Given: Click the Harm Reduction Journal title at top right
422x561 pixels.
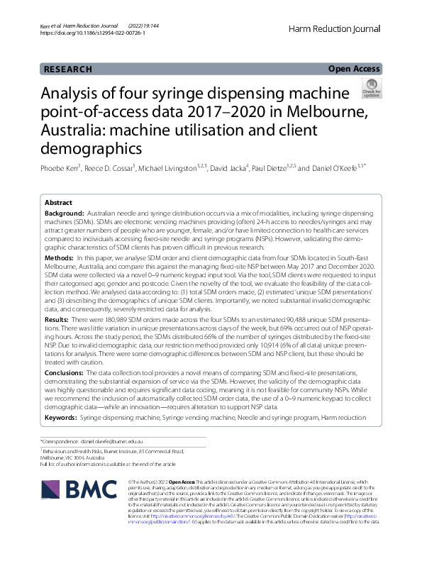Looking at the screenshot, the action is point(335,28).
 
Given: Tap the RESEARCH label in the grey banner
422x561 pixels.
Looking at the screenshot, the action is point(67,70).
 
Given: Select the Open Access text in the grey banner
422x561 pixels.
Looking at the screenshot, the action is point(353,69).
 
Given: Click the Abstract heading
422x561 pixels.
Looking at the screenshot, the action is point(59,201).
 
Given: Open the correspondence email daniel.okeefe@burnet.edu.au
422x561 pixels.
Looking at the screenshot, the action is point(118,441).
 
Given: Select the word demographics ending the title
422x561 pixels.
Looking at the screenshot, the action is point(91,149).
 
